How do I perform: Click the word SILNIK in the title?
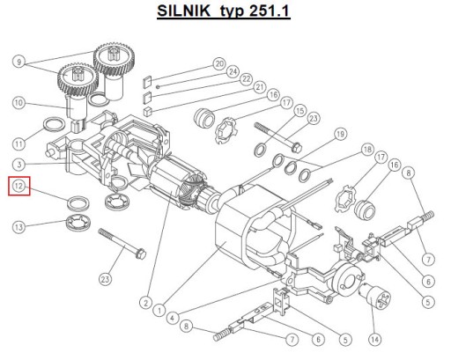tap(184, 11)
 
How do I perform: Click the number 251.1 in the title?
tap(270, 11)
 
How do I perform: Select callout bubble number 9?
tap(19, 62)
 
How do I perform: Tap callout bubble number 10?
tap(18, 103)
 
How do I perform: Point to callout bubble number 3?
tap(19, 164)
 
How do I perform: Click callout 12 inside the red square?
tap(18, 186)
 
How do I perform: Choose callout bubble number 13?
tap(18, 227)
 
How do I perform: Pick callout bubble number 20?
tap(219, 63)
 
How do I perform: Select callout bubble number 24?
tap(233, 71)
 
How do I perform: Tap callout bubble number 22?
tap(246, 79)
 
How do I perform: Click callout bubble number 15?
tap(299, 111)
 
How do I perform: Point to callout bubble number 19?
tap(340, 134)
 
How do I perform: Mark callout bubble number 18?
tap(367, 150)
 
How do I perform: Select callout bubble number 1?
tap(159, 310)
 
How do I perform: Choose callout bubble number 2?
tap(145, 302)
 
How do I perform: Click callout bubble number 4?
tap(173, 318)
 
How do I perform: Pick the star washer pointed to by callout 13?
tap(78, 223)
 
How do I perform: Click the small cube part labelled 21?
tap(148, 111)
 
